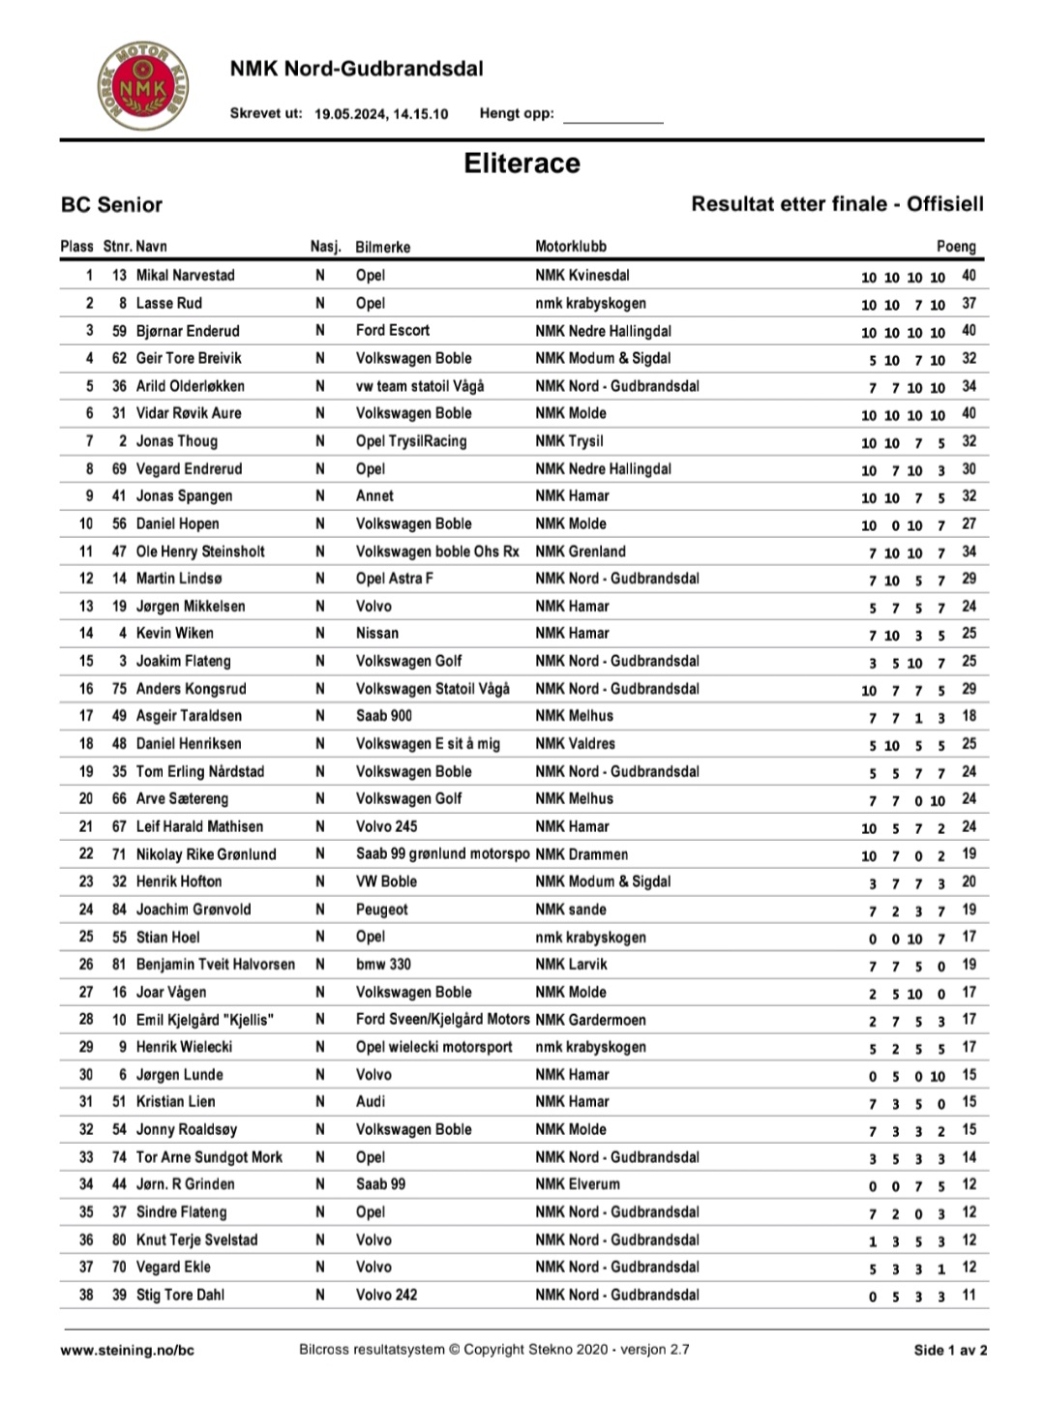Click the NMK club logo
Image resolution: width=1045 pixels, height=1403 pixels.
(142, 86)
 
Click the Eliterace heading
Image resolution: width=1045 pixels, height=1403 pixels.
(522, 163)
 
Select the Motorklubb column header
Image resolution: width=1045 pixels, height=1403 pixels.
(571, 246)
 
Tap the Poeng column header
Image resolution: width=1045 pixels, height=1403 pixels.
(956, 246)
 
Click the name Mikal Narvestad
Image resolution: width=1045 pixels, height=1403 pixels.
(185, 275)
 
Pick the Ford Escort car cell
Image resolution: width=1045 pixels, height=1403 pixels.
(392, 330)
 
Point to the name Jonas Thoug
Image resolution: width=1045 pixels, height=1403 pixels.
(176, 441)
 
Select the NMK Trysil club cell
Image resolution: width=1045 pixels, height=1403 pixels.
(569, 441)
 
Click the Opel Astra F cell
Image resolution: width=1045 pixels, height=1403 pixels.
(394, 579)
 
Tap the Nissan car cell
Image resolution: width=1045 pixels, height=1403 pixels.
(376, 633)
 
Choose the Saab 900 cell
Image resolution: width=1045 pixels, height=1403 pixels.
(383, 716)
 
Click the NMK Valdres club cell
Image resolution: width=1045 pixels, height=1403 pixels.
(575, 743)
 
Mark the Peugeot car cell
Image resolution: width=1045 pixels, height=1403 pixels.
(381, 910)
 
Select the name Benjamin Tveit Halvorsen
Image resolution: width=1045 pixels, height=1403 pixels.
(215, 964)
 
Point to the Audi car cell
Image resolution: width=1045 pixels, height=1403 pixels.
(370, 1101)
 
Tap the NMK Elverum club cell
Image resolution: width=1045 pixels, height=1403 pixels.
(578, 1183)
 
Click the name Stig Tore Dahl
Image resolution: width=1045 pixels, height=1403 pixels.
(180, 1295)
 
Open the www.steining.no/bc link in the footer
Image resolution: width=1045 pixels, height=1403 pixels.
(127, 1350)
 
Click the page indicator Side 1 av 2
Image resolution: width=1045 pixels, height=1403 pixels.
(950, 1350)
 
